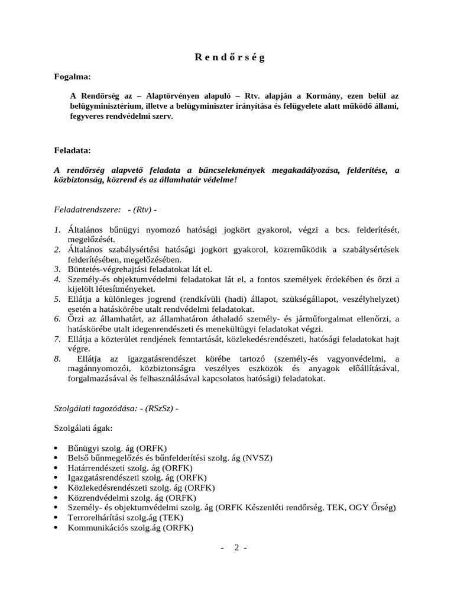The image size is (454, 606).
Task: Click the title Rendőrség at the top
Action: [x=230, y=57]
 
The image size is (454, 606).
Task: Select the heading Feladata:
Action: [x=73, y=151]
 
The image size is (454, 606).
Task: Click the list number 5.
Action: [x=57, y=299]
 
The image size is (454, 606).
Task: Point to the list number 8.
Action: [x=57, y=359]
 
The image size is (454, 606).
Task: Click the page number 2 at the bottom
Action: [x=236, y=547]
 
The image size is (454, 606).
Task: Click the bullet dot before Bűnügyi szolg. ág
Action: [x=56, y=449]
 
